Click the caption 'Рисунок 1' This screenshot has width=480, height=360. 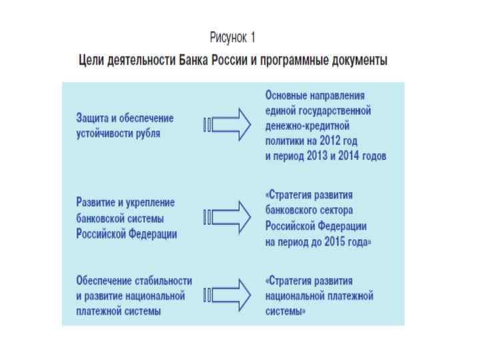pyautogui.click(x=233, y=37)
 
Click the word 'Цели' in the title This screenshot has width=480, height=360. pyautogui.click(x=91, y=61)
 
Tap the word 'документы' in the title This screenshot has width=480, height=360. pyautogui.click(x=357, y=61)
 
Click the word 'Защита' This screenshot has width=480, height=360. pyautogui.click(x=91, y=118)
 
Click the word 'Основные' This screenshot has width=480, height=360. pyautogui.click(x=288, y=95)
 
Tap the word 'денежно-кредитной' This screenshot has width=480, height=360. pyautogui.click(x=307, y=125)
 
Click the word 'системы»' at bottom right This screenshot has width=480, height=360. pyautogui.click(x=286, y=310)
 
